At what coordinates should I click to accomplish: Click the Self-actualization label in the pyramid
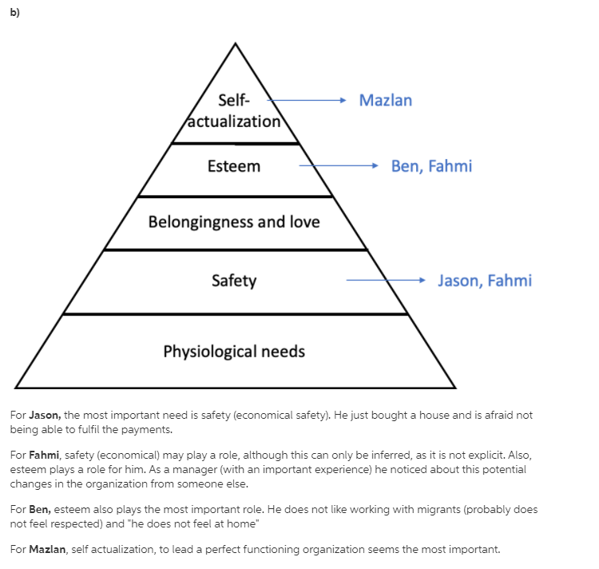point(234,112)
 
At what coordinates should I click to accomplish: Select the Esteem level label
point(234,166)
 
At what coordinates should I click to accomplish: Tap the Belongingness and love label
point(234,221)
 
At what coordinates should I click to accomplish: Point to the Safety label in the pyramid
point(234,281)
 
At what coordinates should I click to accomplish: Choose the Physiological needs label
point(234,352)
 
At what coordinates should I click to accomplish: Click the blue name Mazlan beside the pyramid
point(386,101)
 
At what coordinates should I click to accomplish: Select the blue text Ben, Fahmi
point(431,166)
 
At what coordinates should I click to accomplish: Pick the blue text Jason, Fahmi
point(485,281)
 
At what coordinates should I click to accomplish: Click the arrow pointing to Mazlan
point(307,101)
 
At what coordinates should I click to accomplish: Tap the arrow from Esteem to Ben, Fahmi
point(339,166)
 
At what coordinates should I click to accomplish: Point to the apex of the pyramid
point(235,44)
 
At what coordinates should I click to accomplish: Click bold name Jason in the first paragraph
point(46,416)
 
